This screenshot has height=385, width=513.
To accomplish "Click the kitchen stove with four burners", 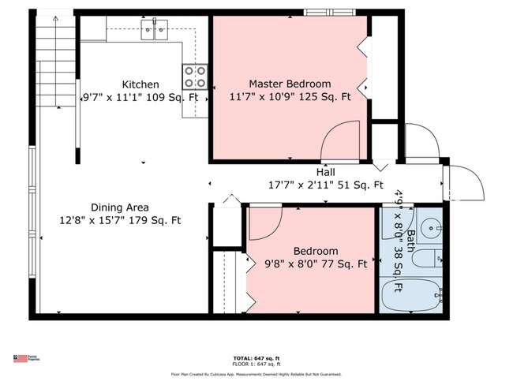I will coord(196,76).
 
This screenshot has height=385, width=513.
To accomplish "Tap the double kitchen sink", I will coord(155,31).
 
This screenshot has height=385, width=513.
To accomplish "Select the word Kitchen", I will coord(140,84).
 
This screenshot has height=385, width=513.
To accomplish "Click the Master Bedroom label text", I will coord(290,84).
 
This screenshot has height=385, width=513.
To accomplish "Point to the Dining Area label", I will coord(121,207).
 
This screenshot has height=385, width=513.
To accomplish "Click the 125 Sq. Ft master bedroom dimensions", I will coord(290,97).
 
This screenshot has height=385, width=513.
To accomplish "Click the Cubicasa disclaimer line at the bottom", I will coord(257,374).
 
